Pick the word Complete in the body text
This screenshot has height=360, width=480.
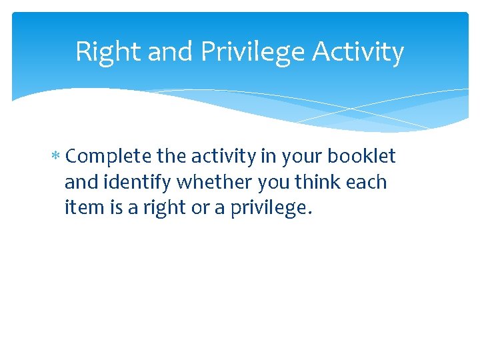[109, 157]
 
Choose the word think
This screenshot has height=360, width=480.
[321, 183]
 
